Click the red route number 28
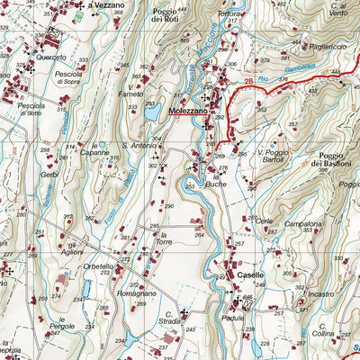[248, 81]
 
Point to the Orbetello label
[97, 266]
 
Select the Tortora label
[229, 15]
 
